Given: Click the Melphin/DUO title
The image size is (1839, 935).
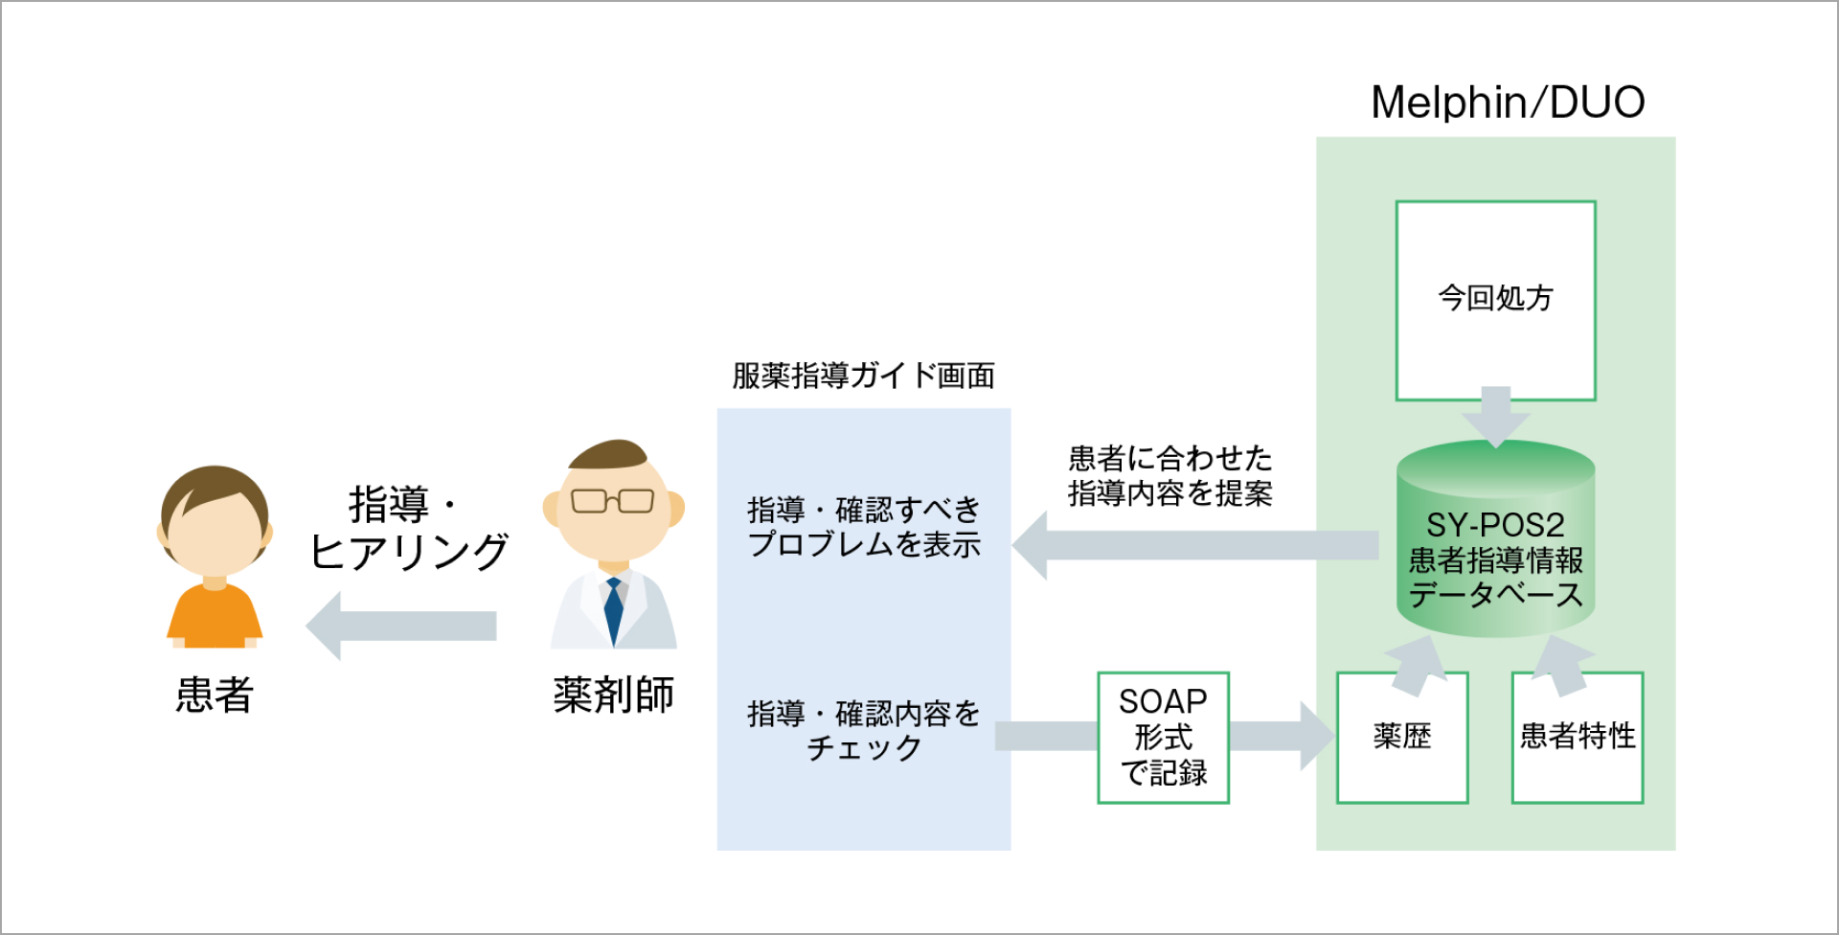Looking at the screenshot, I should tap(1508, 103).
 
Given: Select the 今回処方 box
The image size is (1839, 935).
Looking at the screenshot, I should tap(1495, 300).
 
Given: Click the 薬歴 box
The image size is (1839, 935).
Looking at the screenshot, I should tap(1401, 737).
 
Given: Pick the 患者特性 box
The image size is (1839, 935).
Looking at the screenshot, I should tap(1577, 737).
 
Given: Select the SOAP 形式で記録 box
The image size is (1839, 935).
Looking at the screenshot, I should tap(1163, 737).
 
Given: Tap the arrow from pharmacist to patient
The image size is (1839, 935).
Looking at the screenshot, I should tap(402, 626).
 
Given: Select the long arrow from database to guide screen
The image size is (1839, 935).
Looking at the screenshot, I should tap(1197, 545).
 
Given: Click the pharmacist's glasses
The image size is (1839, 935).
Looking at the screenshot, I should tap(612, 501).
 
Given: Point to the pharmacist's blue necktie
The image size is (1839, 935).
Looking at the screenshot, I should tap(613, 607).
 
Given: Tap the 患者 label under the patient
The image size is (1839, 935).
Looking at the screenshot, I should tap(215, 695).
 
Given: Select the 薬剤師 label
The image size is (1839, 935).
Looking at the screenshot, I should tap(613, 695).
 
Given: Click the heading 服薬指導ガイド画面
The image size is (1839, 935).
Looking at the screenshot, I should tap(863, 376).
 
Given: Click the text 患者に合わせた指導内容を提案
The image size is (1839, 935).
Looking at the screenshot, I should tap(1169, 476).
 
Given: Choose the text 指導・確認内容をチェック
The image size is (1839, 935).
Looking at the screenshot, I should tap(863, 730).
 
